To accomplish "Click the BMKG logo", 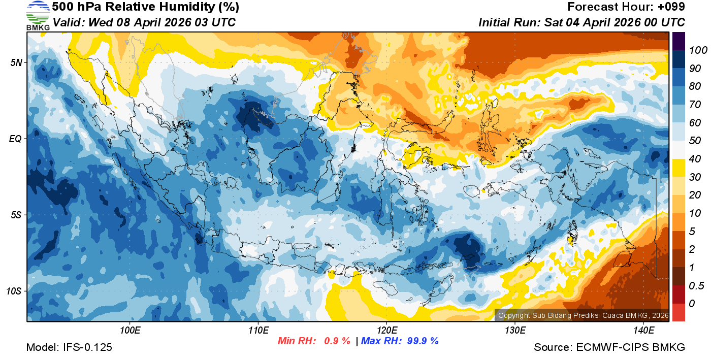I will [x=38, y=15].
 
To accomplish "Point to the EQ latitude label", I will [x=16, y=138].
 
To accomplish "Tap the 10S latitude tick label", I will [x=14, y=291].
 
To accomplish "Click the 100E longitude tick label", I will [x=130, y=331].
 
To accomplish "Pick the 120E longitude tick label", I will [x=386, y=331].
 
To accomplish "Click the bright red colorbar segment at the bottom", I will [x=678, y=312].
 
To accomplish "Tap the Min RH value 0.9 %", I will [x=337, y=341].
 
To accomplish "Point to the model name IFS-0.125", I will [x=87, y=347].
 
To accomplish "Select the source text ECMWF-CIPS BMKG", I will [x=630, y=347].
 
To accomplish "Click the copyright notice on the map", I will [x=583, y=315].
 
